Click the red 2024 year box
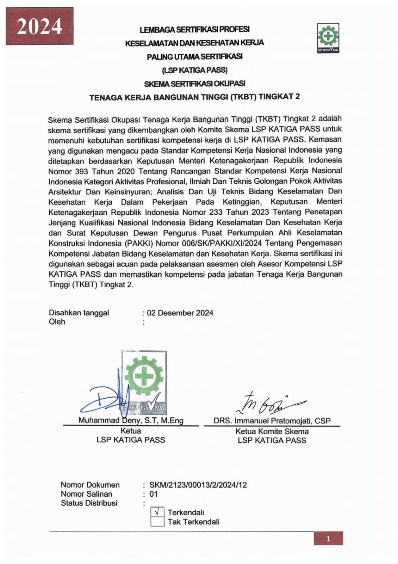(x=39, y=26)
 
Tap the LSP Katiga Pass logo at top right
(x=328, y=38)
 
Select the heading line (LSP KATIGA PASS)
(x=195, y=70)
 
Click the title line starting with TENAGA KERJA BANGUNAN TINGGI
(x=194, y=97)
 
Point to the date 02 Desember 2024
(x=180, y=313)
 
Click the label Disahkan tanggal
(x=79, y=313)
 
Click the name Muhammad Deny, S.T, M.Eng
(x=131, y=421)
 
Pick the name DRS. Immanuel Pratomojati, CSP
(x=272, y=421)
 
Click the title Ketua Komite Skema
(x=272, y=431)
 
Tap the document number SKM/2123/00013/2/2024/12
(x=198, y=485)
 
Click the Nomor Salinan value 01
(x=154, y=494)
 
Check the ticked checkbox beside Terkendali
(x=157, y=512)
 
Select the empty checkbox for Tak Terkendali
(x=157, y=522)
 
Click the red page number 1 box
(x=328, y=539)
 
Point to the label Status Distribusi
(x=89, y=503)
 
